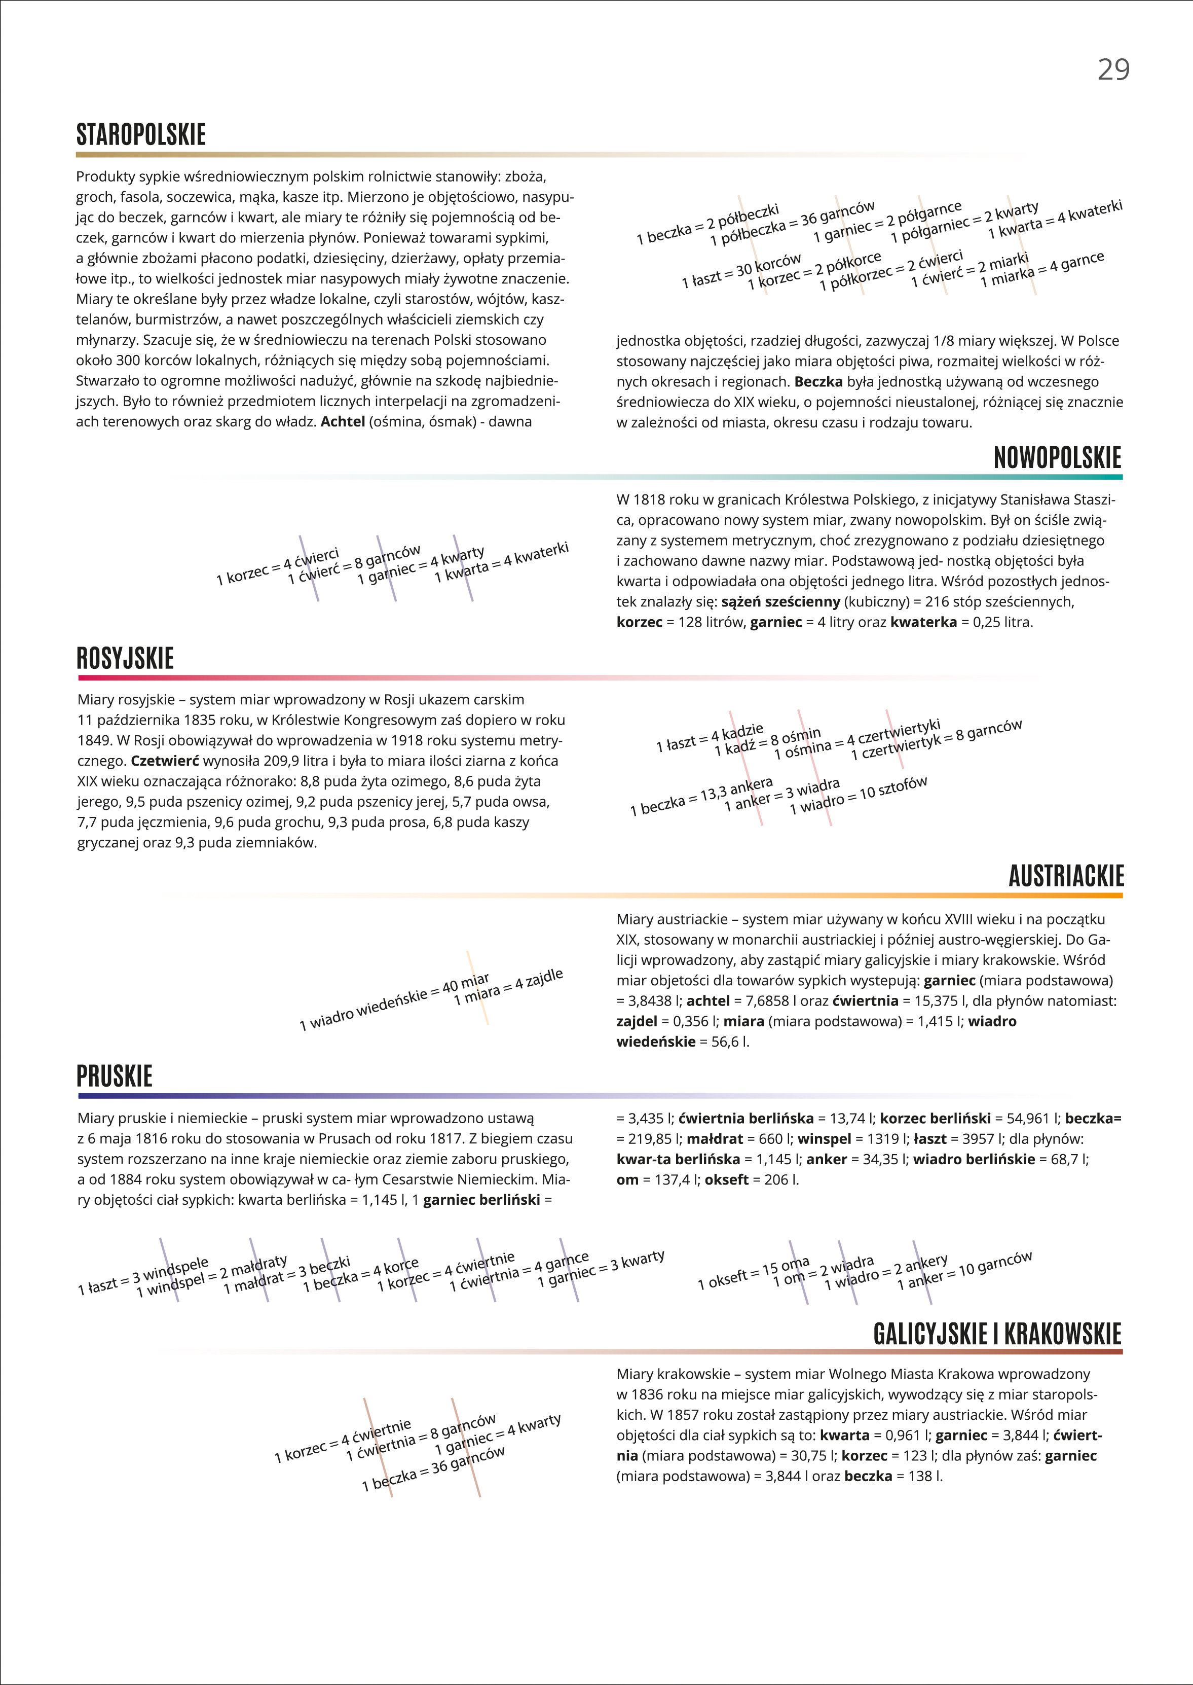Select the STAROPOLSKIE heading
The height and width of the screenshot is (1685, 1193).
click(141, 135)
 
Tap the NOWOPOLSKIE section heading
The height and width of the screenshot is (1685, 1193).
click(1057, 458)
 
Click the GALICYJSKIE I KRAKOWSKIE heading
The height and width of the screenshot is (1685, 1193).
click(997, 1334)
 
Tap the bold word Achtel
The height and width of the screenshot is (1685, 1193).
click(342, 422)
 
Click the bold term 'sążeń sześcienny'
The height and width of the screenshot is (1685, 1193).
click(780, 602)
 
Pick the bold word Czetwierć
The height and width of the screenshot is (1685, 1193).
click(165, 761)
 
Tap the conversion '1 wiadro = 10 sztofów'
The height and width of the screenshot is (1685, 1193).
click(858, 796)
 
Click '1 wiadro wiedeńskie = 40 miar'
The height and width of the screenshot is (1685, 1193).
click(394, 1003)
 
